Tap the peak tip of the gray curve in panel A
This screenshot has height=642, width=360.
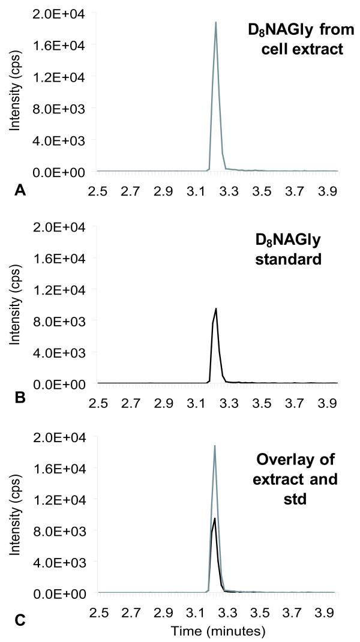215,22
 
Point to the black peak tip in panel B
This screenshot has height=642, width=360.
216,308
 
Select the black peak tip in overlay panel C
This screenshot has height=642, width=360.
215,518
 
